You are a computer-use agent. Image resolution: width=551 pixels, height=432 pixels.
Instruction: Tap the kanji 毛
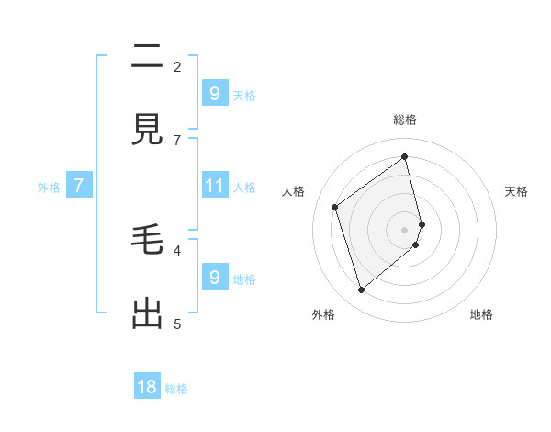[147, 240]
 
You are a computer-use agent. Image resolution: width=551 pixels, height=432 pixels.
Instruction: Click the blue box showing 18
[147, 387]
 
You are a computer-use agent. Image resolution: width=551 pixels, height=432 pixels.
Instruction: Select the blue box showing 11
[214, 186]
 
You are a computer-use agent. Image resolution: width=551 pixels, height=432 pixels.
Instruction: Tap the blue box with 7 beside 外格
[79, 186]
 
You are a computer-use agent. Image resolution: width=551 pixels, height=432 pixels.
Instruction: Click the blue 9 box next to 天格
[214, 93]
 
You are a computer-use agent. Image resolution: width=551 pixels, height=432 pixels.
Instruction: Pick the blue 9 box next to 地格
[214, 277]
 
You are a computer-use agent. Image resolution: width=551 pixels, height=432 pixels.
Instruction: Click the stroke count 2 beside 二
[177, 66]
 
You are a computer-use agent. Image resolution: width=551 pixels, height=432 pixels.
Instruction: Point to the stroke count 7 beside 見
[177, 140]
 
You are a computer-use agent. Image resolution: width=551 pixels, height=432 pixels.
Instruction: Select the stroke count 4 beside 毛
[177, 250]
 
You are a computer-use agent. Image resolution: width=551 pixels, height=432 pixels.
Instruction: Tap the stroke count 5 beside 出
[177, 324]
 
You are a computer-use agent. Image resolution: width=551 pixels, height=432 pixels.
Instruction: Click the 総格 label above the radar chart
[405, 119]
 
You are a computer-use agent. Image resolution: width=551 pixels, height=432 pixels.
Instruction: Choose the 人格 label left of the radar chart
[294, 191]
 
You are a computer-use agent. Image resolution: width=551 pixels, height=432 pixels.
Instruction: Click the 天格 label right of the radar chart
[516, 191]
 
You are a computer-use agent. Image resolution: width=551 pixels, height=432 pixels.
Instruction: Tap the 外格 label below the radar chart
[323, 314]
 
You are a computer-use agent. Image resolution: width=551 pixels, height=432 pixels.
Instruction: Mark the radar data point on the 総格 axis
[405, 156]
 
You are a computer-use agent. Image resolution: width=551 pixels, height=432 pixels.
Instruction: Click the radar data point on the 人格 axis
[335, 207]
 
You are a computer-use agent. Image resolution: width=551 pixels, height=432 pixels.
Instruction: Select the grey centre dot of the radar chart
[405, 229]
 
